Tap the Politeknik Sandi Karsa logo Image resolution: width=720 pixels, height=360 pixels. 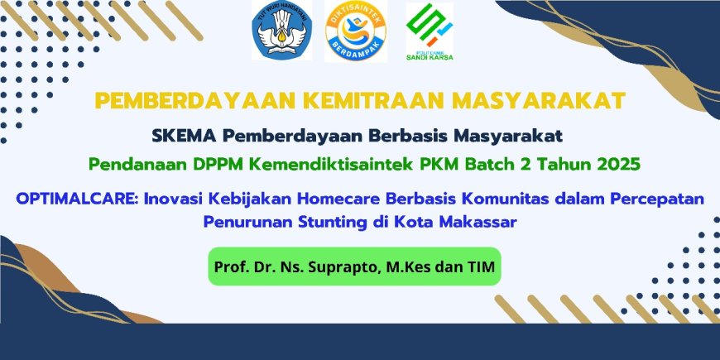point(429,31)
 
